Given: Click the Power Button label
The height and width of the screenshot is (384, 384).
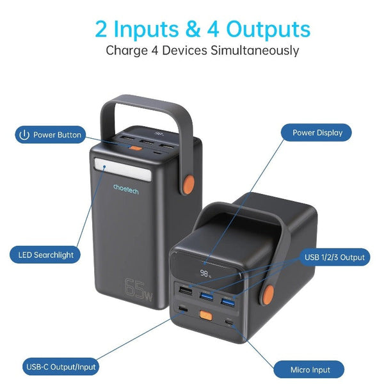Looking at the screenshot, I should [51, 135].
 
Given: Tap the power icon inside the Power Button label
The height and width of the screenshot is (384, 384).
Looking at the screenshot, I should [24, 135].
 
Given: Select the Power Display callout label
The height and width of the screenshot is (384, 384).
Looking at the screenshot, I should [317, 133].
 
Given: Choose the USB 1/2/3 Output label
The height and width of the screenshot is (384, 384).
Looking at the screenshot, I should [335, 257].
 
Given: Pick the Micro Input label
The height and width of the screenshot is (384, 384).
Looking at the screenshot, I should [308, 369].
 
